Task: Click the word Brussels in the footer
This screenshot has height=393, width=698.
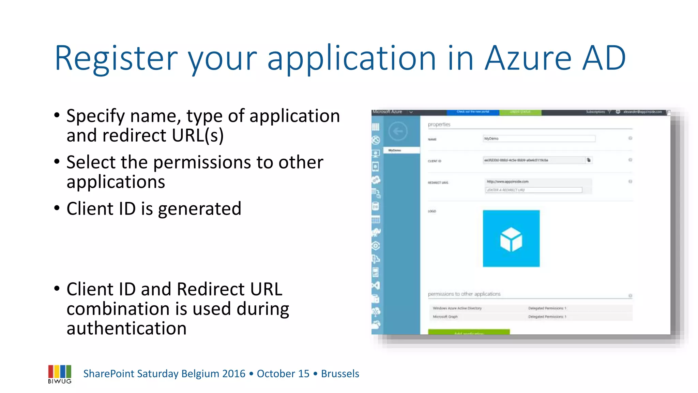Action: click(340, 374)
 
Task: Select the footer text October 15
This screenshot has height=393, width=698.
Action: click(283, 374)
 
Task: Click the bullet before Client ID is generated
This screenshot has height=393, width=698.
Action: click(57, 208)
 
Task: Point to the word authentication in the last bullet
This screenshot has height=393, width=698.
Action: click(126, 328)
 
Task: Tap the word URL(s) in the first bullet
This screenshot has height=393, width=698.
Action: click(198, 135)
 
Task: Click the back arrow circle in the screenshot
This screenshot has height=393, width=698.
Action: click(398, 131)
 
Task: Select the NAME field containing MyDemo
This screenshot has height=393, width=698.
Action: click(539, 139)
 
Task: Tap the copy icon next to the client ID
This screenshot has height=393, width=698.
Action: click(589, 160)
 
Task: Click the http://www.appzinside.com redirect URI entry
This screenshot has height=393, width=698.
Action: click(507, 182)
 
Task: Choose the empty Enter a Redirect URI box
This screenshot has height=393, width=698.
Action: click(533, 190)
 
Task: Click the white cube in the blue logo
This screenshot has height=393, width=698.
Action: click(511, 239)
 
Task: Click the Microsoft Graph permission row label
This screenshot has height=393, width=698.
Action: click(445, 317)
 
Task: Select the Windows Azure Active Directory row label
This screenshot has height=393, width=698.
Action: click(457, 308)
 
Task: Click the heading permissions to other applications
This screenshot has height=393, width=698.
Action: click(464, 294)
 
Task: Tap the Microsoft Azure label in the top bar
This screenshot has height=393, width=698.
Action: click(387, 112)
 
